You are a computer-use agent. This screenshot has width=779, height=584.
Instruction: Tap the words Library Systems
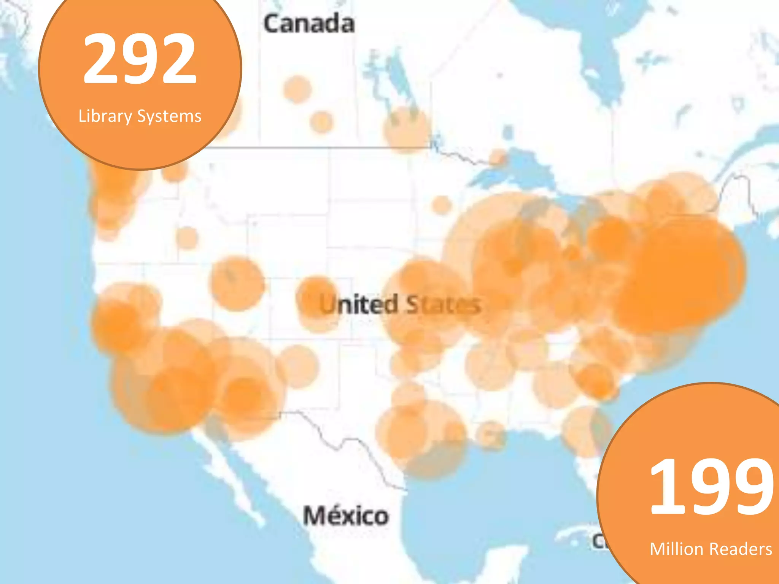pyautogui.click(x=140, y=116)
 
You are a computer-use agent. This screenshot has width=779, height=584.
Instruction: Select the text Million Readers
pyautogui.click(x=711, y=549)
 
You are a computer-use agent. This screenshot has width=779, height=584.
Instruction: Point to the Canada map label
pyautogui.click(x=309, y=24)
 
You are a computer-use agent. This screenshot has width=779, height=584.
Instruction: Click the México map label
pyautogui.click(x=346, y=516)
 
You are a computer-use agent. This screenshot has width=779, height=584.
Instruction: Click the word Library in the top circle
pyautogui.click(x=105, y=116)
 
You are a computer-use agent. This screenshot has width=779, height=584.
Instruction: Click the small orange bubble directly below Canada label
pyautogui.click(x=297, y=89)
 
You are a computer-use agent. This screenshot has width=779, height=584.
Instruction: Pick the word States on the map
pyautogui.click(x=444, y=305)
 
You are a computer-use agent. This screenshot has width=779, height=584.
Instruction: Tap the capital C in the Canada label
pyautogui.click(x=273, y=24)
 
